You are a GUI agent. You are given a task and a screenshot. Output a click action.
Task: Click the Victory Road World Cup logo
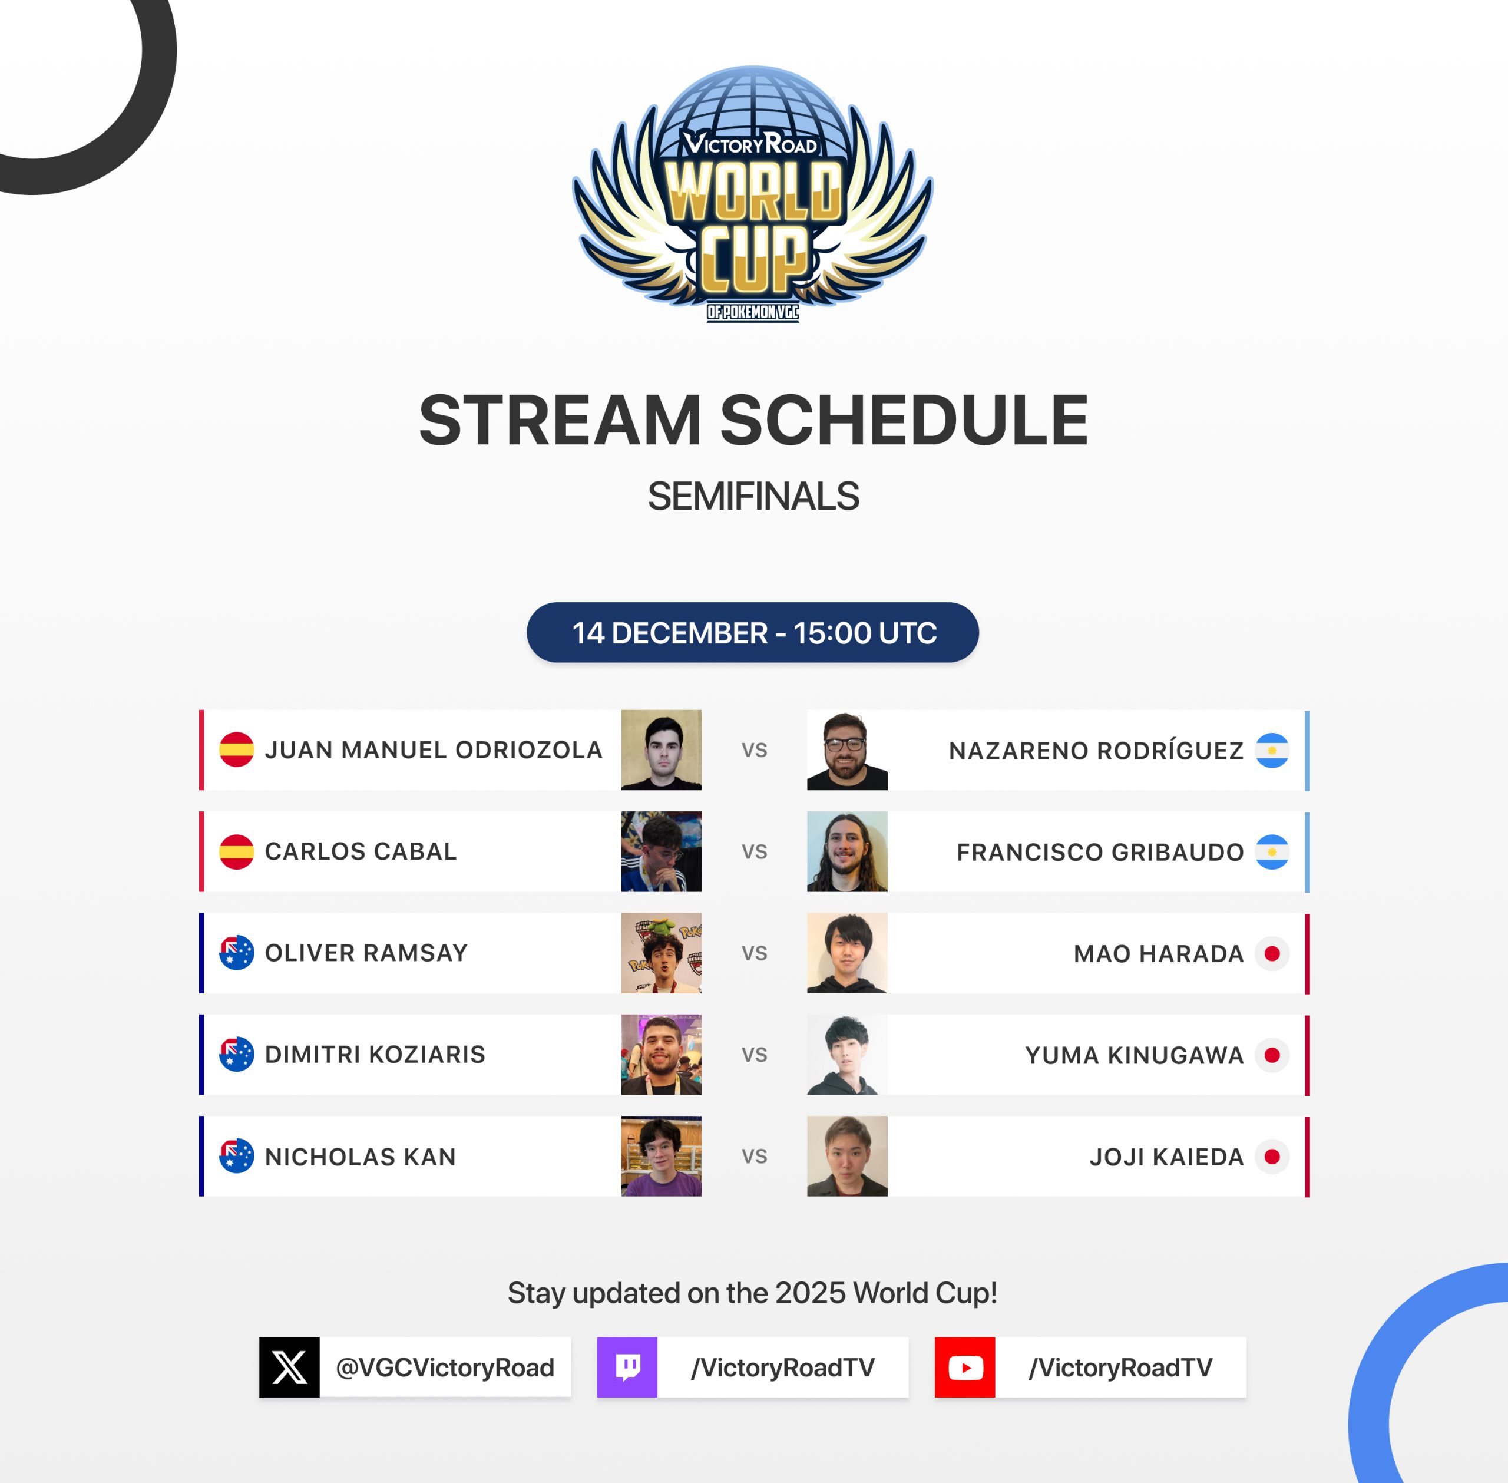753,194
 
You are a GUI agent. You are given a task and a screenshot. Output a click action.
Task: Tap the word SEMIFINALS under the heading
753,496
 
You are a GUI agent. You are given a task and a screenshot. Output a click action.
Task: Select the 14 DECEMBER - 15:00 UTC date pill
752,632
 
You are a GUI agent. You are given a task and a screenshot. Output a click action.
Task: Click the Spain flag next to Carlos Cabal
237,851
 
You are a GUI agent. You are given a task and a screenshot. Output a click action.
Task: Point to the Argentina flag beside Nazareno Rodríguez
1272,750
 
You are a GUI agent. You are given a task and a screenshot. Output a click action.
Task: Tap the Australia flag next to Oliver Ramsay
237,953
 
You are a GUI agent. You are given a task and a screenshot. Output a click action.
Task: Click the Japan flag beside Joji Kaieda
1272,1157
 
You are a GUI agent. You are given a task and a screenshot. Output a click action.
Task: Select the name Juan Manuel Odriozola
434,750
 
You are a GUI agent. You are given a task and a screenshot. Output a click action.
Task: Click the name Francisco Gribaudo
1100,852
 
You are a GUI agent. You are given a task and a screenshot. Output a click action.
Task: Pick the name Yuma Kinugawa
1135,1055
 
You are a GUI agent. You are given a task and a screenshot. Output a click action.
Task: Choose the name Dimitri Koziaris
375,1055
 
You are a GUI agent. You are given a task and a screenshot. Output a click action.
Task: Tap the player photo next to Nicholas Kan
661,1156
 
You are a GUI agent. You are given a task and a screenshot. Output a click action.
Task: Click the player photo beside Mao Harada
847,953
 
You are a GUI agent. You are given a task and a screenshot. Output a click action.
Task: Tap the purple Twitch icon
627,1367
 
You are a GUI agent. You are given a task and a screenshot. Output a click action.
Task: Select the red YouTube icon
965,1367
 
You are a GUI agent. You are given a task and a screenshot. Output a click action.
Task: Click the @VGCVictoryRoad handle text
445,1368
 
